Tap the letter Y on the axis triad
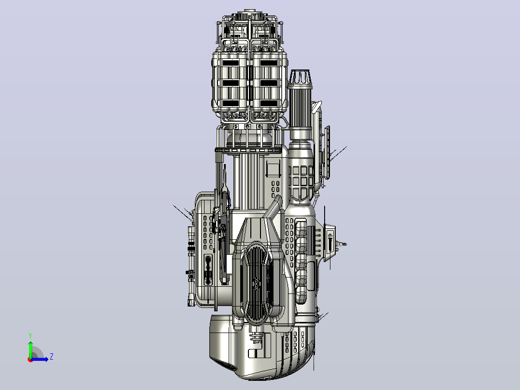coord(30,336)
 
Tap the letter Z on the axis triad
coord(52,357)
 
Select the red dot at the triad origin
coord(30,360)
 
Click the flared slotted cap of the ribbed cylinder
coord(300,77)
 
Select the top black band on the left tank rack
coord(231,63)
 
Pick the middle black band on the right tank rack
coord(268,83)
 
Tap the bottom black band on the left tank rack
coord(231,104)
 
